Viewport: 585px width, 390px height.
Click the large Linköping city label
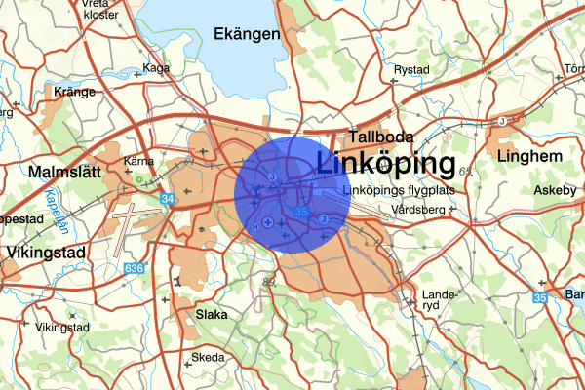pos(386,163)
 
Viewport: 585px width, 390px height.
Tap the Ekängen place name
pos(247,34)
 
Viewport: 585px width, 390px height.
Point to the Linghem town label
pos(530,156)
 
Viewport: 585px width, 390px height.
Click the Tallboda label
pos(382,137)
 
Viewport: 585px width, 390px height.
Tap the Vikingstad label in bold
pos(46,252)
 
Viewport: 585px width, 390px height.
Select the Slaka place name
pos(212,315)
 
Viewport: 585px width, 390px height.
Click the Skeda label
pos(208,358)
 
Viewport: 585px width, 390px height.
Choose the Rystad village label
pos(411,70)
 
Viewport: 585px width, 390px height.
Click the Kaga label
pos(156,68)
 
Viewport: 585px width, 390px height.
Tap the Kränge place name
pos(75,93)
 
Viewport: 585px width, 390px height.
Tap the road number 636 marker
pos(135,268)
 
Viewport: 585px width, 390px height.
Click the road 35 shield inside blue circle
pos(301,211)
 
